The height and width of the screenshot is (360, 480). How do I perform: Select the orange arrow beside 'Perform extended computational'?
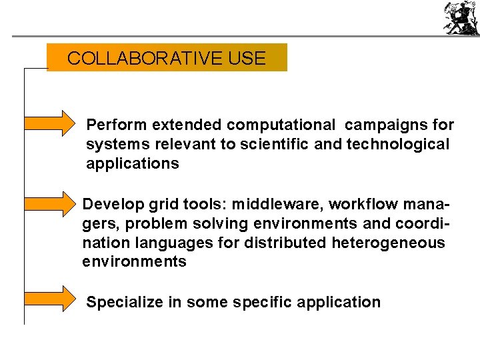pos(51,123)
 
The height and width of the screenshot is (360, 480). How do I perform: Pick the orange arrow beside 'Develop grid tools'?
pos(51,203)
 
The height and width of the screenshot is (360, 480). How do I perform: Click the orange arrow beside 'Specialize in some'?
pos(51,299)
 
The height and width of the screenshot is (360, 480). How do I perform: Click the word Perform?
pos(117,125)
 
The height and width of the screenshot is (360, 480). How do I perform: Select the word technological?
pos(398,145)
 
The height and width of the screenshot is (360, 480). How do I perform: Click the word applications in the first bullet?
pos(133,164)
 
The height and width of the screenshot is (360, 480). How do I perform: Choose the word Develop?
pos(109,203)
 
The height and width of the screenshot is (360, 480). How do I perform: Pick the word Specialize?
pos(125,303)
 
